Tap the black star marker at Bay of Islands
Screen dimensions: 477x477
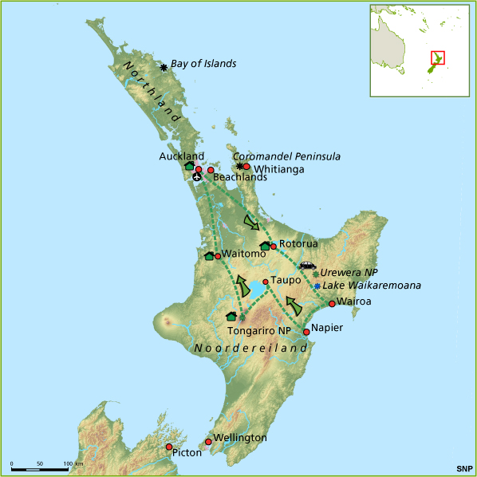point(164,67)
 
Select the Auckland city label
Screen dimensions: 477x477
point(181,156)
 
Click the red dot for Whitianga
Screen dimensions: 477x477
point(246,167)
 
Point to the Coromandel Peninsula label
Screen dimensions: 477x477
point(286,156)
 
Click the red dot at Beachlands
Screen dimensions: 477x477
point(211,170)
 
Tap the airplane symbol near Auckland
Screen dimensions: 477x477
point(197,177)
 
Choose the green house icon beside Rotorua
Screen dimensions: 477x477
point(264,246)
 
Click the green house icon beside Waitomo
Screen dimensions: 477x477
point(209,256)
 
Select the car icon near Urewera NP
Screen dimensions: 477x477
point(307,266)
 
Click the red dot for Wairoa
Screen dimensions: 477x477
point(332,304)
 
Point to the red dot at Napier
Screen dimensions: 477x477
point(306,332)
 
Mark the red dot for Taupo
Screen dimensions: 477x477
point(265,282)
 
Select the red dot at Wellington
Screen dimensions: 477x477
point(208,441)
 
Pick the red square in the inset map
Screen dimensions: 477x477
point(437,58)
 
